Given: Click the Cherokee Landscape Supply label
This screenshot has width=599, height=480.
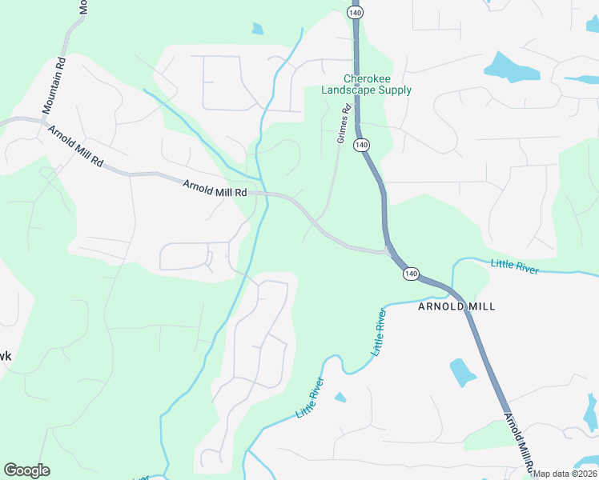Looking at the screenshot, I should pos(366,85).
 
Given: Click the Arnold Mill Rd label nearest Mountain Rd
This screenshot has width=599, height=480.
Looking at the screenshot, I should pos(75,146).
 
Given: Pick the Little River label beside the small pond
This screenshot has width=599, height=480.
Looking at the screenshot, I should pos(311,397).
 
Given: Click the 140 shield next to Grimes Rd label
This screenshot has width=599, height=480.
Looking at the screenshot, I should pos(362,145).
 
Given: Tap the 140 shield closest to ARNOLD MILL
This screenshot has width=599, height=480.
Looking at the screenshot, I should pos(411,274).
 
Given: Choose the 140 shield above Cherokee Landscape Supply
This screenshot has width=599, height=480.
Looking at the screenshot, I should pos(356,12).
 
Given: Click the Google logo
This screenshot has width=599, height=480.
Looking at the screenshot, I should pos(26,470).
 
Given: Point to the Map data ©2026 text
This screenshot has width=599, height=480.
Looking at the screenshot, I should pos(565,474).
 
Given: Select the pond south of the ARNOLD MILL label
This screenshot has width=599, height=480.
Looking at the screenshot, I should pos(463,371).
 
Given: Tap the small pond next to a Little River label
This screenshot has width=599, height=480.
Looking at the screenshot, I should pos(340,397).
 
